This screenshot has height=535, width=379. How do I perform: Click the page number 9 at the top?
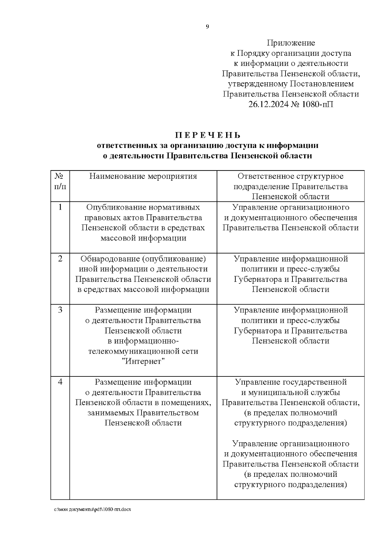(207, 27)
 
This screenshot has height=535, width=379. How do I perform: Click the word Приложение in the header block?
(291, 43)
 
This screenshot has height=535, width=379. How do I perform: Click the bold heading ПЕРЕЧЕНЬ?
(208, 135)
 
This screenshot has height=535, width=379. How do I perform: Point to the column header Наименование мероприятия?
(143, 176)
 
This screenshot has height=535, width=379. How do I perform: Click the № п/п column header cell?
(60, 181)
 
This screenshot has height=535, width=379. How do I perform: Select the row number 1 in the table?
(60, 207)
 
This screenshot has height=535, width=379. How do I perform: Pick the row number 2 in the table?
(60, 259)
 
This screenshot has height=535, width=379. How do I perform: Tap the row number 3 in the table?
(60, 310)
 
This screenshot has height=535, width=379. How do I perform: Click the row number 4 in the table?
(60, 382)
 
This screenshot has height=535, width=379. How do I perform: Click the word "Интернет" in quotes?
(143, 361)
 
